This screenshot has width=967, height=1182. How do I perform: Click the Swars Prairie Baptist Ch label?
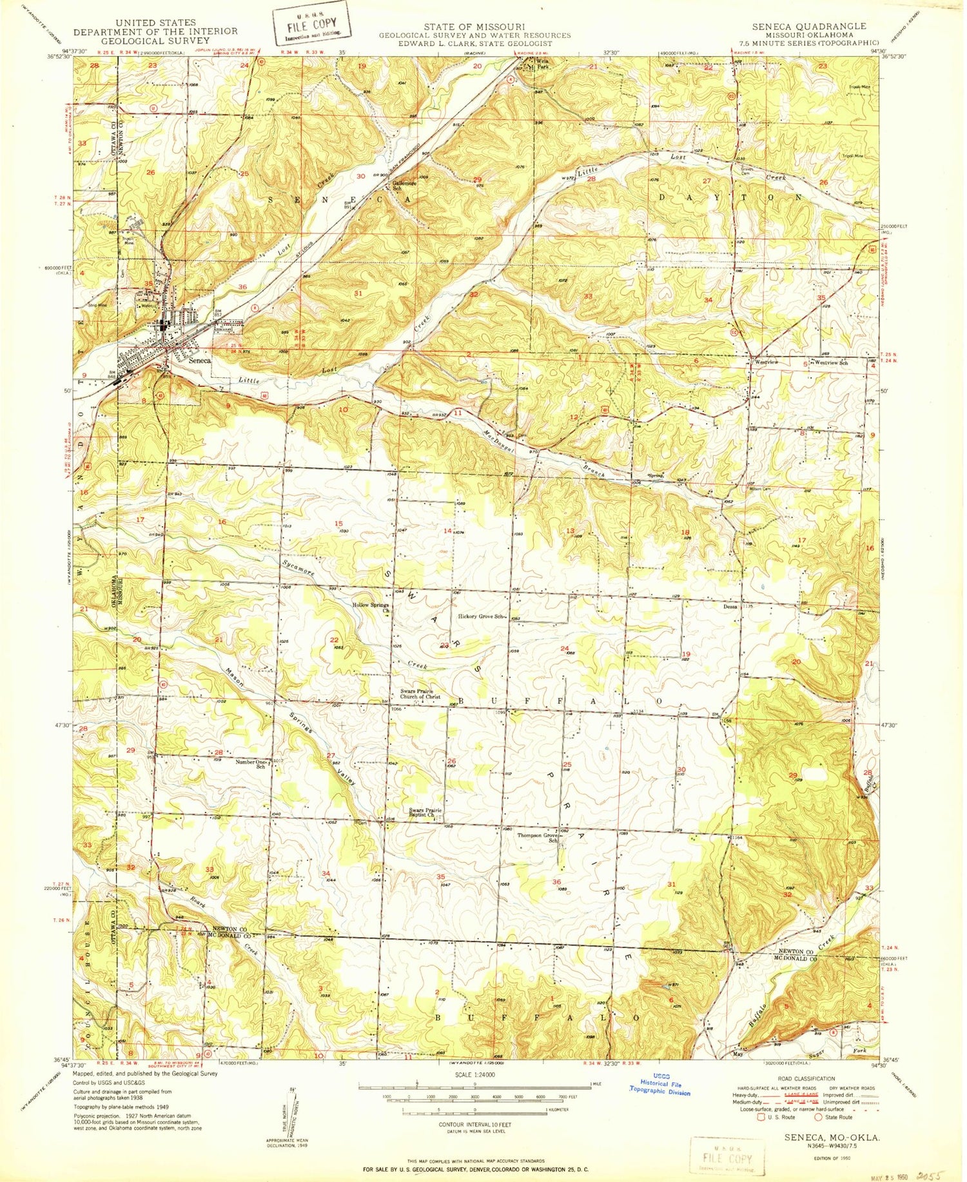click(x=425, y=813)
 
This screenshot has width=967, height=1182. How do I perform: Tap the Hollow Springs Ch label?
click(x=370, y=607)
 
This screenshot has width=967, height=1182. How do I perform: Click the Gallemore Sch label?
click(x=405, y=184)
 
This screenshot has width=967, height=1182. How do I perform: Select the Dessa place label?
click(x=730, y=606)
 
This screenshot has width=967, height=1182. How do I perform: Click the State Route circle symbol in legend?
click(x=819, y=1116)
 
